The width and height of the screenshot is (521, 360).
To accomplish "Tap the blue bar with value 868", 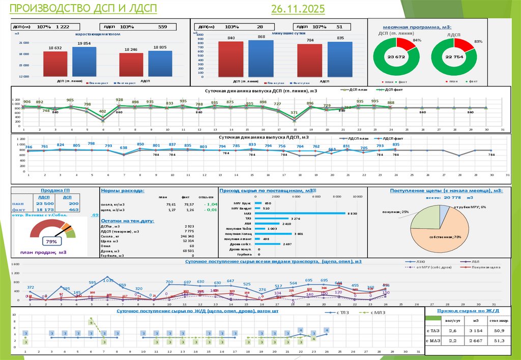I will point(261,59).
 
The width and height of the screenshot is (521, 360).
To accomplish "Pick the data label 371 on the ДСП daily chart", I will point(294,113).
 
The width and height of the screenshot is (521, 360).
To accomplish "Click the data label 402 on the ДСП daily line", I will point(103,111).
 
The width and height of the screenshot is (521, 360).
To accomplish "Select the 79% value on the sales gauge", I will point(51,241).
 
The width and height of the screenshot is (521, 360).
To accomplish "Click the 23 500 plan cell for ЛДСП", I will point(44,203).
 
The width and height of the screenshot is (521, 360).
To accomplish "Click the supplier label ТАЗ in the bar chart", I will point(248,219).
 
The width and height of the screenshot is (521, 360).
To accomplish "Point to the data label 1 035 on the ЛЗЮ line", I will point(108,280).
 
